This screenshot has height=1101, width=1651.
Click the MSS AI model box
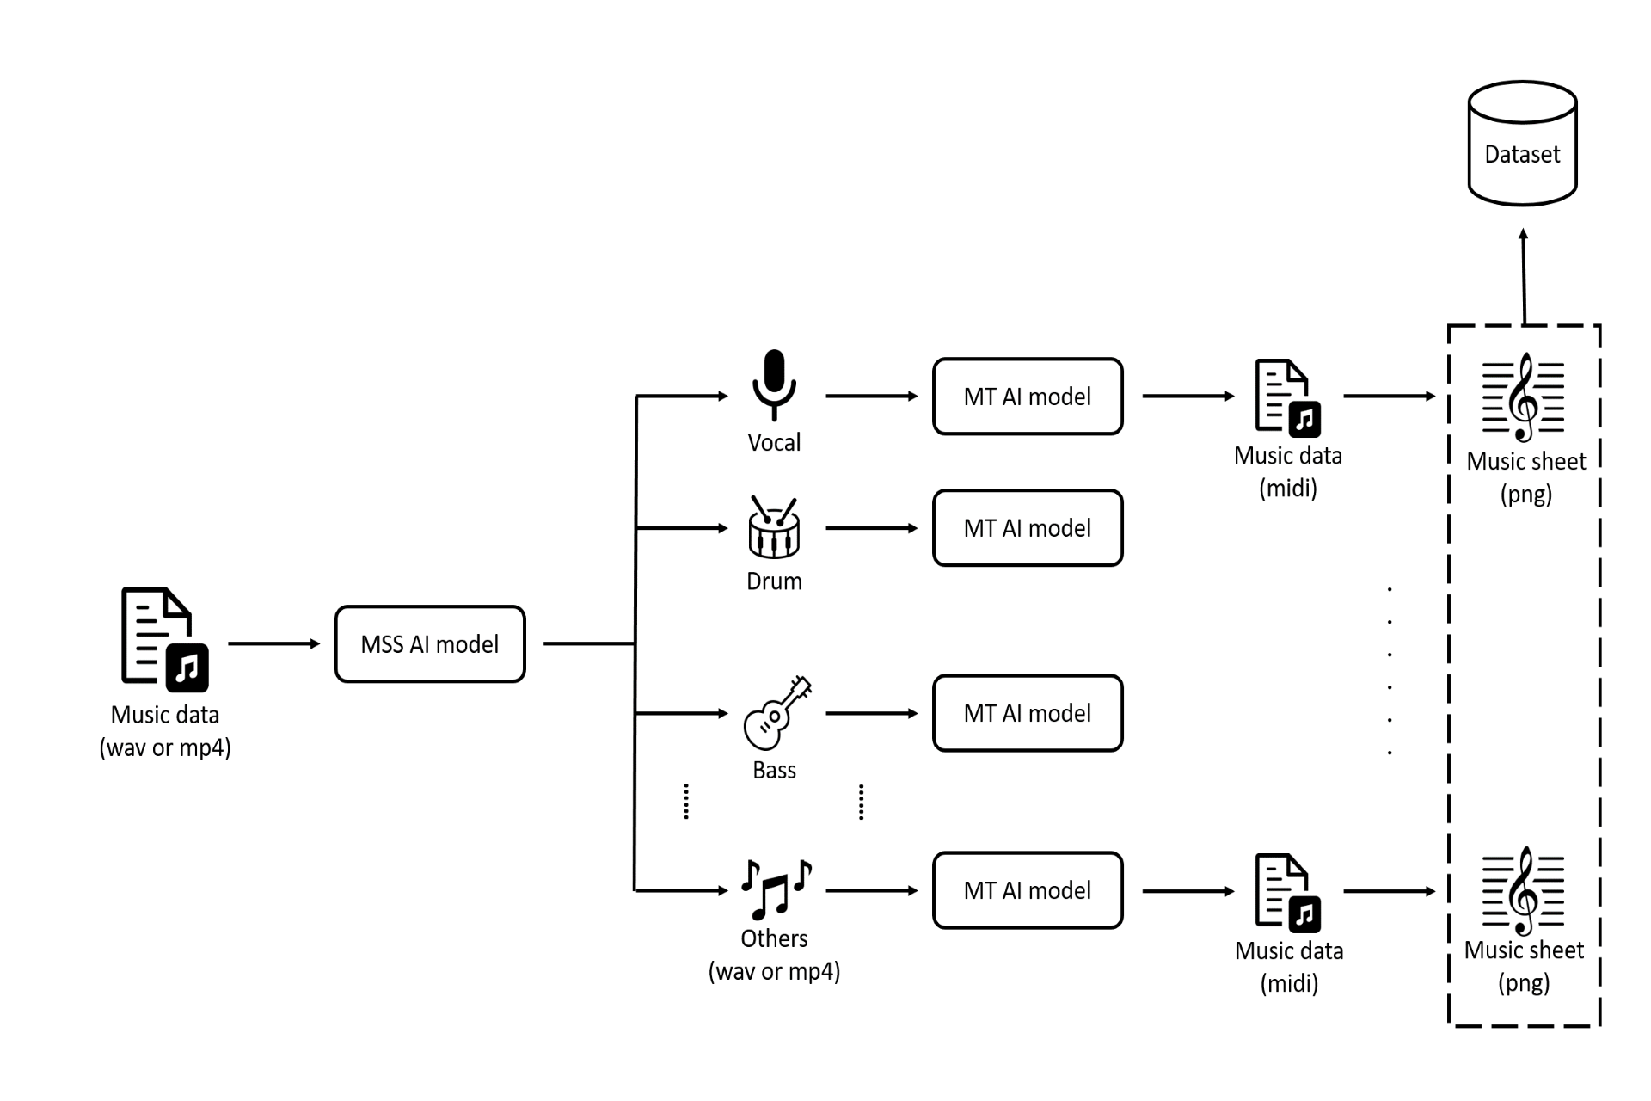coord(430,644)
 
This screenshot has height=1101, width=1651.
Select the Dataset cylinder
coord(1522,145)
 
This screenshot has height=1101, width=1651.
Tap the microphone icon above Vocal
coord(774,384)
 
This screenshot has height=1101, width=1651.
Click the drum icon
coord(774,526)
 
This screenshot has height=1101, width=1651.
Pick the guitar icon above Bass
coord(776,712)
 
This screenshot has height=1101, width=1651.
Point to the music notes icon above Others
coord(776,889)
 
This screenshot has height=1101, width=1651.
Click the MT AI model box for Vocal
coord(1028,397)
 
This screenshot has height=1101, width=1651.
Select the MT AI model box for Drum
coord(1028,528)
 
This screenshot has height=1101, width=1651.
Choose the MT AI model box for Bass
coord(1028,713)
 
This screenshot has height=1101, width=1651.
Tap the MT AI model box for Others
coord(1028,890)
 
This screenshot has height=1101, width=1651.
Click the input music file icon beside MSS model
coord(164,639)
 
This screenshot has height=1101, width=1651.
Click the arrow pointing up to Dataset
coord(1524,275)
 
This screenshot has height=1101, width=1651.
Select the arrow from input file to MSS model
coord(273,643)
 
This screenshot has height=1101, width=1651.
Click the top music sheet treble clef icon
coord(1524,397)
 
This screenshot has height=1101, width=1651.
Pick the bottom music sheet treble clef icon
coord(1524,890)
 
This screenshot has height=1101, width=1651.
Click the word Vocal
coord(774,443)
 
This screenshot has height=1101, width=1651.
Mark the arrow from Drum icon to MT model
coord(871,528)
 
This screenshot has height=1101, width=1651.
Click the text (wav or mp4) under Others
coord(774,971)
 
